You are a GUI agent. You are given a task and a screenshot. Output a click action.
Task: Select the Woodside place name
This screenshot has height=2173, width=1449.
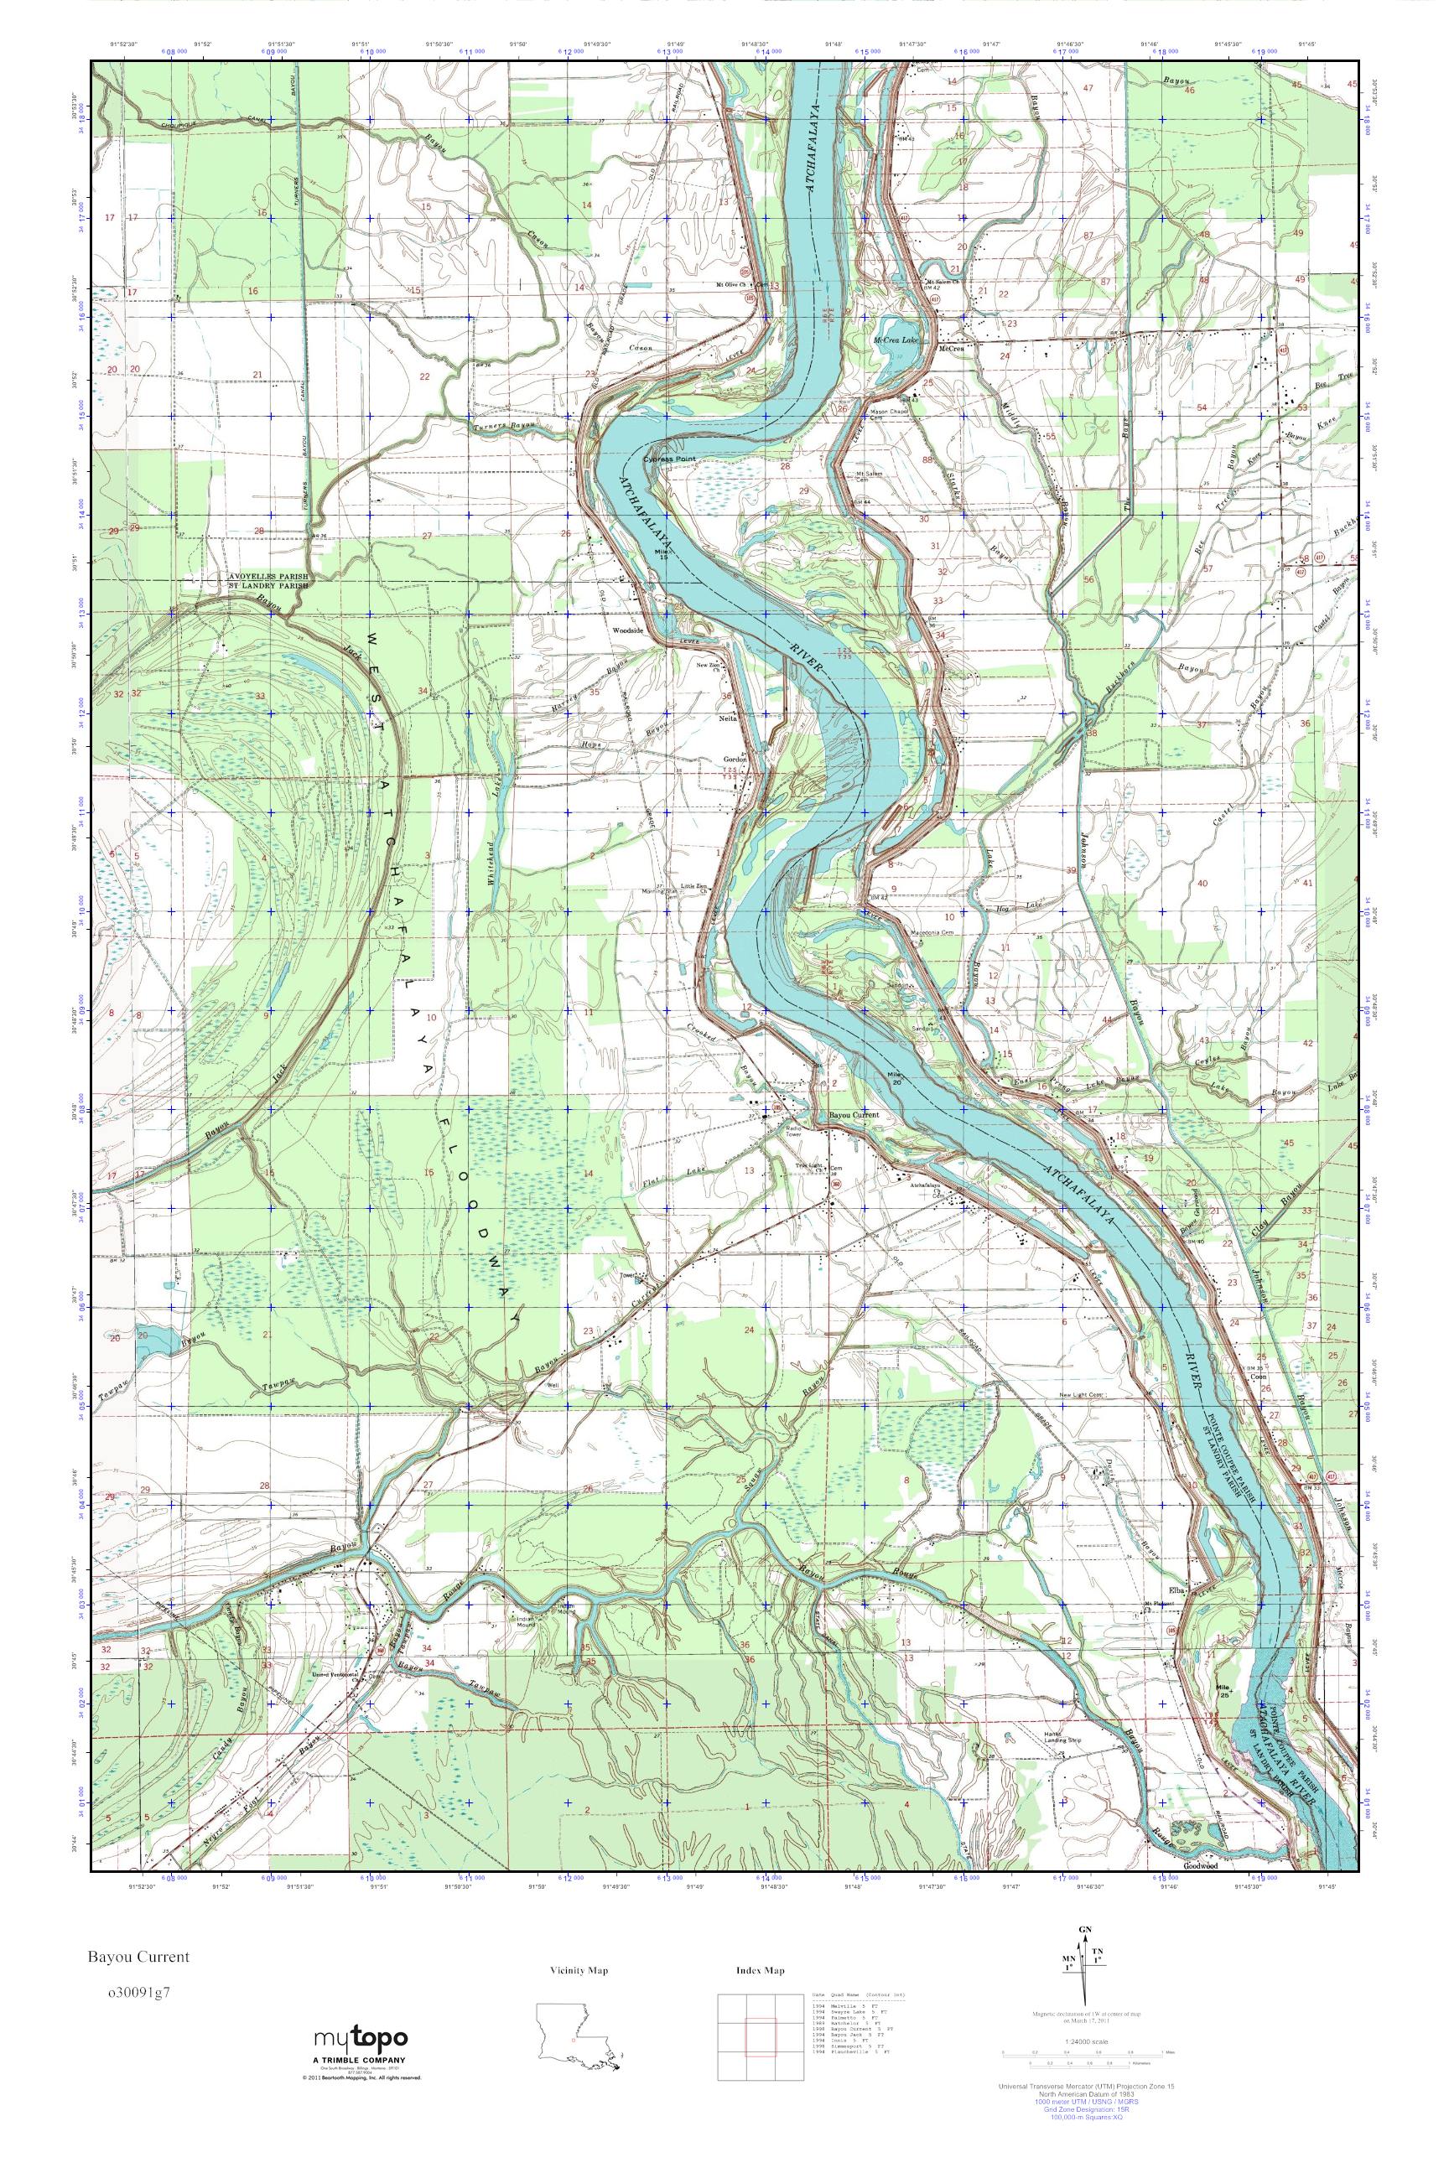pos(627,632)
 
